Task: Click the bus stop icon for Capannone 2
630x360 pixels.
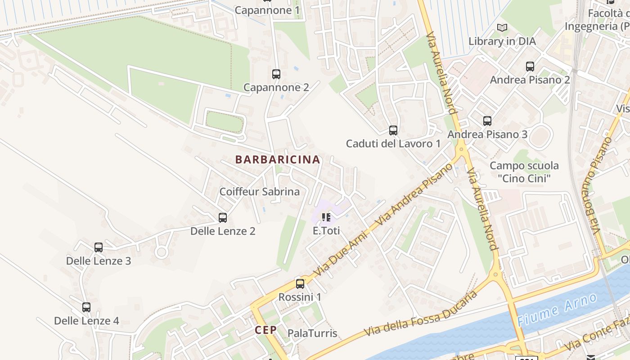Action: (276, 74)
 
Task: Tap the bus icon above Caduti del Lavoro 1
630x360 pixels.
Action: (393, 130)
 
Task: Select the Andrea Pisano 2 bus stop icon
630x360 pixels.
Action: (530, 67)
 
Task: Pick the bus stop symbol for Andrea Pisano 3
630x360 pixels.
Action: (487, 121)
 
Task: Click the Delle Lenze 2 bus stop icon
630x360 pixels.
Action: (223, 218)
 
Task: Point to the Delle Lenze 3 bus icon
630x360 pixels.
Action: (99, 247)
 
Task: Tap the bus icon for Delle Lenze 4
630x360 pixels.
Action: (86, 307)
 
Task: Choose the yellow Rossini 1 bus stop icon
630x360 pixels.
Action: (300, 284)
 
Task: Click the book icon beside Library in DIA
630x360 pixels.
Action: (502, 28)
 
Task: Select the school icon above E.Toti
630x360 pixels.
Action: (326, 218)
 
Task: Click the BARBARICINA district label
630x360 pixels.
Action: (278, 160)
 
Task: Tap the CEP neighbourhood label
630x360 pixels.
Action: (266, 330)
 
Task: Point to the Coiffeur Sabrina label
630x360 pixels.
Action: (259, 192)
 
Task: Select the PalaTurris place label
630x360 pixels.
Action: (312, 333)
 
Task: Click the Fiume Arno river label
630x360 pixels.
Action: (557, 310)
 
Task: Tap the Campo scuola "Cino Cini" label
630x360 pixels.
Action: (524, 172)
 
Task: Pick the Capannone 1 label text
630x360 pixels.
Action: (267, 10)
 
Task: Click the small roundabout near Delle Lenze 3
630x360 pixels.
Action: (162, 252)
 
